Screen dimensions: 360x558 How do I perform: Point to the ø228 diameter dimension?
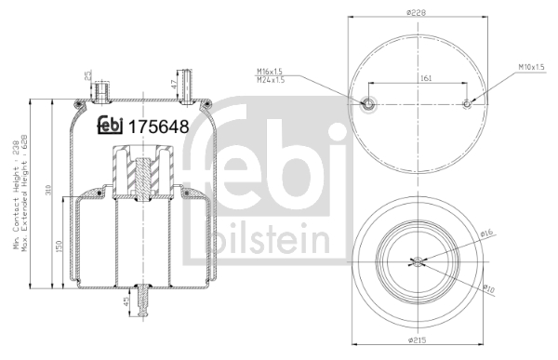416,11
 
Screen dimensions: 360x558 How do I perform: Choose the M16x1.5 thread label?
272,70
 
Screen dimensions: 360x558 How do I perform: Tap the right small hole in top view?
467,104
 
